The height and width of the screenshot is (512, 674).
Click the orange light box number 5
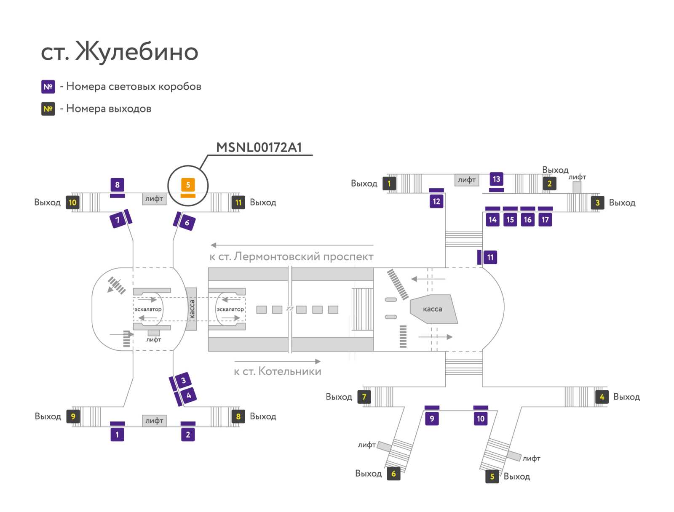pos(188,185)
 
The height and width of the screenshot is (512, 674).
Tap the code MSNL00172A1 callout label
pos(259,147)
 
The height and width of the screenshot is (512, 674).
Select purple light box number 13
pos(496,179)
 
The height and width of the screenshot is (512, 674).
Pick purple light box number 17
pos(545,220)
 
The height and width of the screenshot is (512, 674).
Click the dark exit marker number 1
pos(389,184)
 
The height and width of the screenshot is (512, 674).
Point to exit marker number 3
pos(597,203)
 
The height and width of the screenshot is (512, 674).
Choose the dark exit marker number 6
pos(393,474)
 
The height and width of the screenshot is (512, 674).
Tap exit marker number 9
pos(73,416)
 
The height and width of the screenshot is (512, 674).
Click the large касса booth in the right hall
pos(433,309)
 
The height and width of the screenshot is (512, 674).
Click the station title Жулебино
pos(136,51)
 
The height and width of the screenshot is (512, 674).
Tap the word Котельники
pos(290,371)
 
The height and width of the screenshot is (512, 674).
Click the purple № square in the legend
pos(48,87)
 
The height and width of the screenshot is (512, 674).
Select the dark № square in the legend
pos(48,109)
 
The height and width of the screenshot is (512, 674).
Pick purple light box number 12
pos(436,201)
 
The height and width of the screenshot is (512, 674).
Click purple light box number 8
pos(117,185)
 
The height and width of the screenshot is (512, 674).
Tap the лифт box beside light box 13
pos(467,180)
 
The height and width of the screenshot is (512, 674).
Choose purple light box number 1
pos(117,435)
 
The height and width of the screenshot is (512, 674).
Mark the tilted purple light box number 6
pos(187,223)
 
